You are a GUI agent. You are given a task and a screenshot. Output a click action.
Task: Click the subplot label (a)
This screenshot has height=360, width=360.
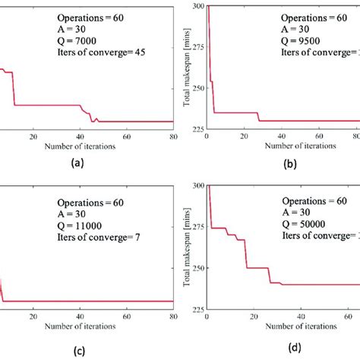pos(77,163)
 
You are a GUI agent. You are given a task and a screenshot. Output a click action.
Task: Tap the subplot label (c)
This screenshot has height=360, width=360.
pos(77,346)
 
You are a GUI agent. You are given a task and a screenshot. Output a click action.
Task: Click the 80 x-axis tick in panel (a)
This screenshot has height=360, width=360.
pos(174,137)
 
